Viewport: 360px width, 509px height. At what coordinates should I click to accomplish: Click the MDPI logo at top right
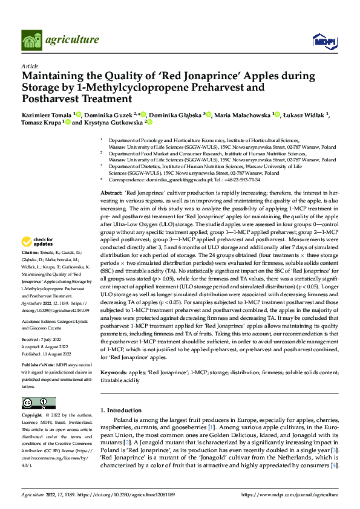(x=324, y=40)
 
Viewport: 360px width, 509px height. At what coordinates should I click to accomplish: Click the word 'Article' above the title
(x=30, y=65)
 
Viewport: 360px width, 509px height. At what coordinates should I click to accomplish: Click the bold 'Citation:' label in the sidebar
(x=30, y=268)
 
